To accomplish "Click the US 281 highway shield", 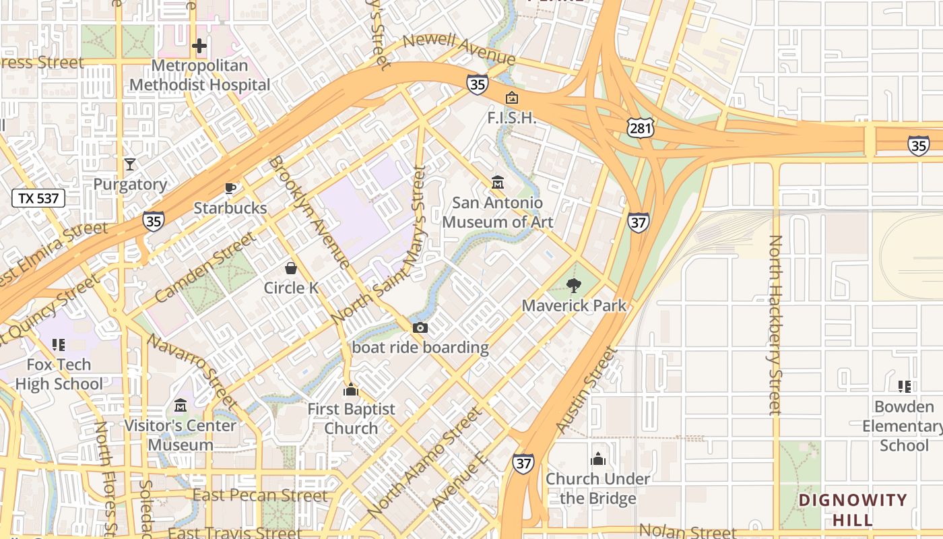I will pos(637,126).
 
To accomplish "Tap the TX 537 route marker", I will pos(39,198).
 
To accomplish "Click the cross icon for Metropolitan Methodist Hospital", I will pos(199,46).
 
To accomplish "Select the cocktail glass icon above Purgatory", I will pos(130,164).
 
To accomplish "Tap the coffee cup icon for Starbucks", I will pos(230,188).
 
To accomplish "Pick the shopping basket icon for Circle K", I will pos(291,268).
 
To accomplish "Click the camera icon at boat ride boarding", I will pos(420,328).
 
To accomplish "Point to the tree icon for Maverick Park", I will pos(574,285).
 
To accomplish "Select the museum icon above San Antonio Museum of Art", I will pos(498,183).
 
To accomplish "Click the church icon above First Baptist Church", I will pos(350,389).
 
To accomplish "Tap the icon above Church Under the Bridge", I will pos(597,459).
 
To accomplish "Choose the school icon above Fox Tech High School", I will pos(59,345).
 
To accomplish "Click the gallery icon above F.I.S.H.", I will pos(512,98).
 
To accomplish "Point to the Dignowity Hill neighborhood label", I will pos(853,509).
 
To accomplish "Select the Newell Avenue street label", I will pos(459,49).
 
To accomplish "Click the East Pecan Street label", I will pos(260,496).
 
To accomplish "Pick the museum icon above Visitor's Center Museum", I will pos(181,406).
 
